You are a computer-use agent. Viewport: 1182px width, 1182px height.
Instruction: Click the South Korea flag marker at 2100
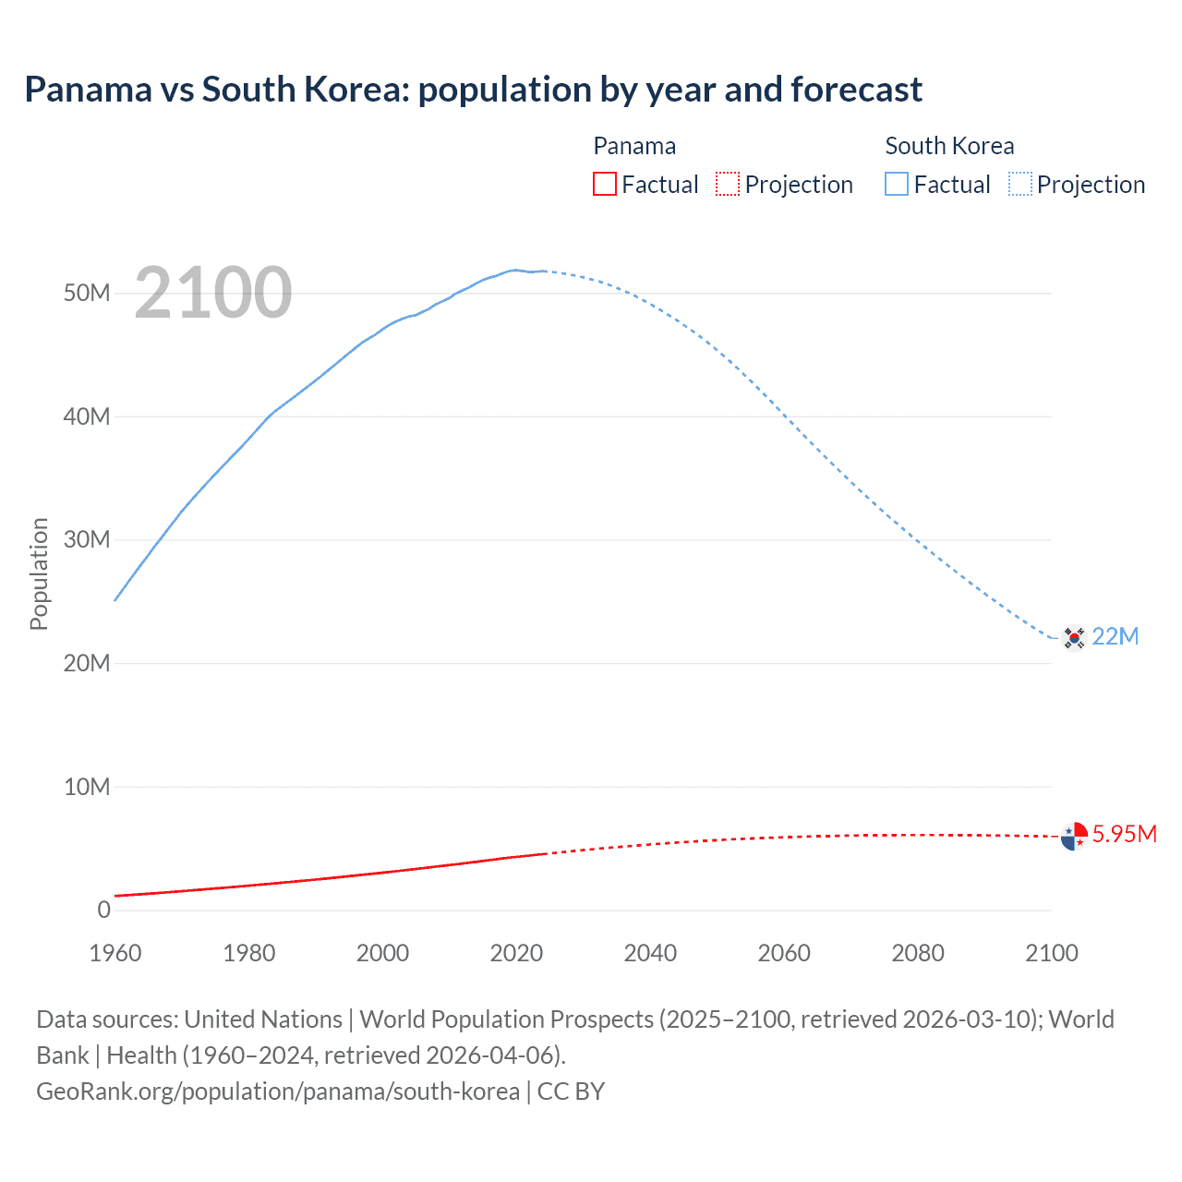[1073, 637]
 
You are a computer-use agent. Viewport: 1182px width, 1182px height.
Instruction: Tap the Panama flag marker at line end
[1073, 836]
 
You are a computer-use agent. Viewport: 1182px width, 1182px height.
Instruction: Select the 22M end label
[1115, 637]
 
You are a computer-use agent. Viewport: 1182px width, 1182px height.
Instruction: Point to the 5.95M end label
[1124, 835]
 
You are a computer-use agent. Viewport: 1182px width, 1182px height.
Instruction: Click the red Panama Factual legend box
[604, 185]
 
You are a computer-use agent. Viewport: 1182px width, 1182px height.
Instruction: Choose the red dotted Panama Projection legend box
[728, 185]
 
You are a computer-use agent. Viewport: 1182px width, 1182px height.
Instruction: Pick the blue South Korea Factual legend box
[896, 185]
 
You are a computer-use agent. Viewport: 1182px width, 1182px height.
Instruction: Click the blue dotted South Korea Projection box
[1019, 185]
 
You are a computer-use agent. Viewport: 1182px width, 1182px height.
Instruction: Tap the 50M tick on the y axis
[87, 294]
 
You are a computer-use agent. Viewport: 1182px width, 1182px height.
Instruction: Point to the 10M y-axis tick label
[87, 787]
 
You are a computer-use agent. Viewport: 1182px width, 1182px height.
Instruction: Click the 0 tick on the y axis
[103, 911]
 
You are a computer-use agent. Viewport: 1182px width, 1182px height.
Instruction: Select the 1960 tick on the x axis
[115, 953]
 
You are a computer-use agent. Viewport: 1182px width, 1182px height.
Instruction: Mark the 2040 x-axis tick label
[650, 953]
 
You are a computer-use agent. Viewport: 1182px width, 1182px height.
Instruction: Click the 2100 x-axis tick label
[1051, 953]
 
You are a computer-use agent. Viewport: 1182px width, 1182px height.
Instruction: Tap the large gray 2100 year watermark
[213, 294]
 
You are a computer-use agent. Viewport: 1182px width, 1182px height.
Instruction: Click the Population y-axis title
[39, 573]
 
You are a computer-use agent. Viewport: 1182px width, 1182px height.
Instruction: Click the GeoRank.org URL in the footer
[278, 1092]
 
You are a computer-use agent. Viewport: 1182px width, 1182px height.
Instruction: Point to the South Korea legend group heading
[949, 146]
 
